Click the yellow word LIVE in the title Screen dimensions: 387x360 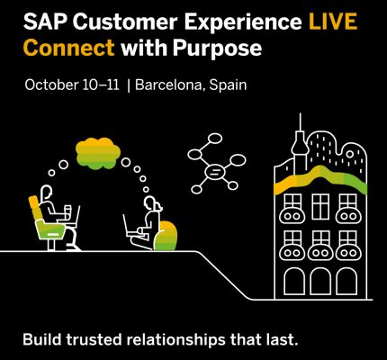click(333, 22)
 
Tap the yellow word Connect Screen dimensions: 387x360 click(69, 48)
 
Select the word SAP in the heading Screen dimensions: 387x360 click(45, 22)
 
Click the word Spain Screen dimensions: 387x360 click(228, 85)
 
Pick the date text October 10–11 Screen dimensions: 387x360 click(72, 85)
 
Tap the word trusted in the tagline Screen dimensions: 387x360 click(94, 339)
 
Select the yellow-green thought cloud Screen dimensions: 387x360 click(98, 153)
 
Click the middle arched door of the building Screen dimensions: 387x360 click(320, 282)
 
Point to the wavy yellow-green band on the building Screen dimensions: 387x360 click(320, 178)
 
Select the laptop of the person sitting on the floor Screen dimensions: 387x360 click(130, 226)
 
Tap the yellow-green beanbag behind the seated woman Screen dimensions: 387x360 click(166, 236)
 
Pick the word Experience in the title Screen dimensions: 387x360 click(243, 22)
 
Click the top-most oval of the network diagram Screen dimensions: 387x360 click(214, 139)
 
